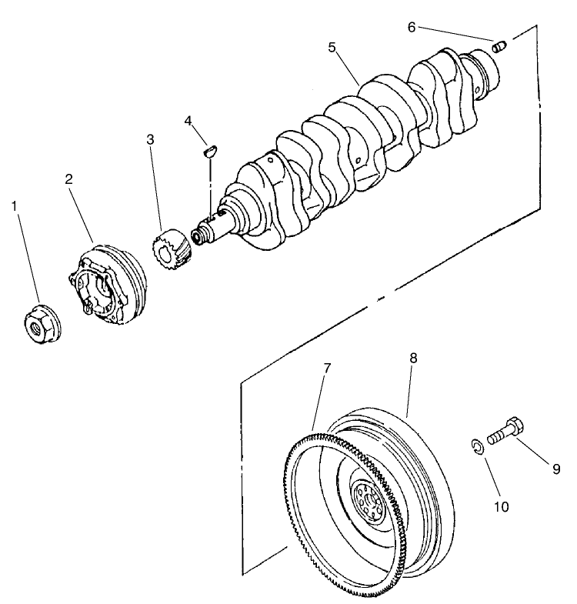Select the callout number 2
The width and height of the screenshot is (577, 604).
68,179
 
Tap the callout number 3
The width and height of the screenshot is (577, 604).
151,139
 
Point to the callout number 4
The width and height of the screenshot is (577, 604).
188,120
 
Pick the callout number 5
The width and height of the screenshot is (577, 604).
332,48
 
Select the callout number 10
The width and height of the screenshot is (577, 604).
501,506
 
